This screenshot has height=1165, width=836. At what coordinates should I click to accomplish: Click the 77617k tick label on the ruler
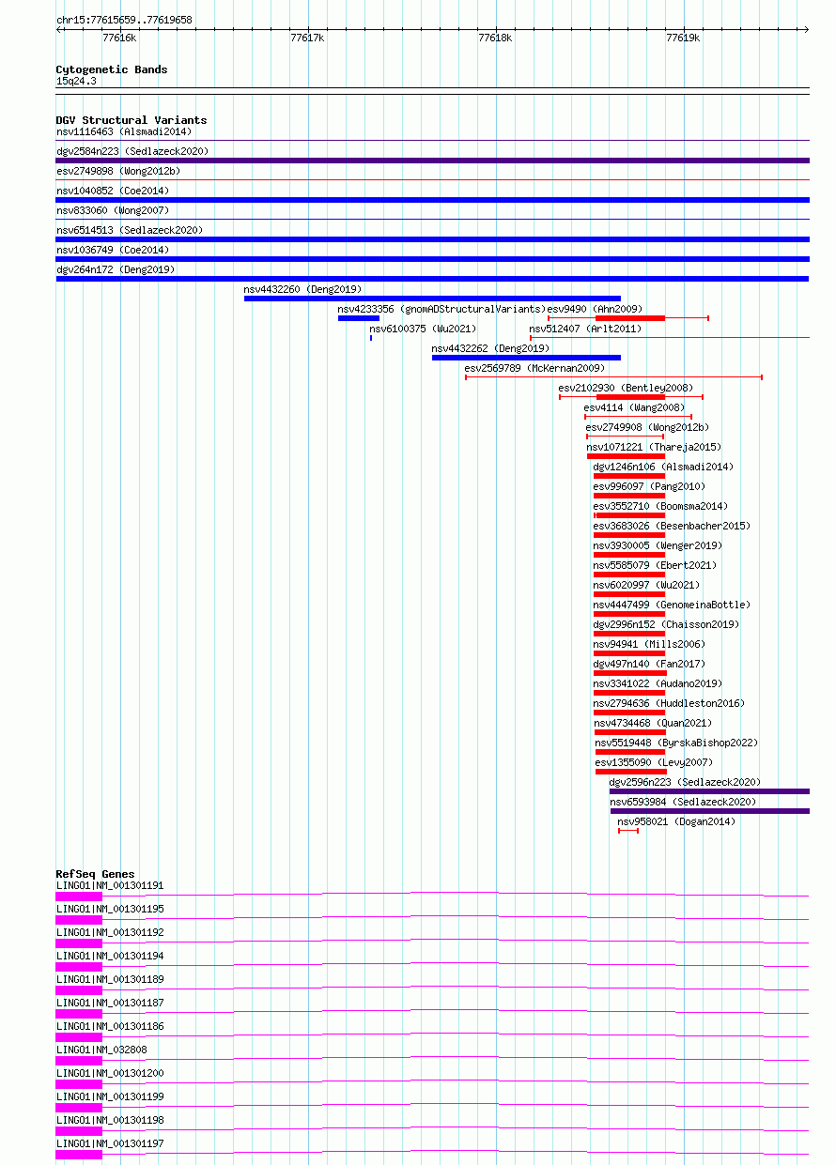tap(307, 38)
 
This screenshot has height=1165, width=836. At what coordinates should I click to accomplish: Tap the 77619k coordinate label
tap(683, 38)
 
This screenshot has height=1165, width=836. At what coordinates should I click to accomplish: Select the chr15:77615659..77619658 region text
tap(124, 20)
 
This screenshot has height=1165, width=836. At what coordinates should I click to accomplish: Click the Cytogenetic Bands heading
tap(112, 69)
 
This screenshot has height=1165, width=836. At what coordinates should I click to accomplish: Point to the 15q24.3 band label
tap(76, 81)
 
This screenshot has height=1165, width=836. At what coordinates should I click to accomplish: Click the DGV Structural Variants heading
tap(132, 120)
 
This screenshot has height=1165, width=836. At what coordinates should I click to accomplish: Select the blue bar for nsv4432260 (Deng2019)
tap(432, 299)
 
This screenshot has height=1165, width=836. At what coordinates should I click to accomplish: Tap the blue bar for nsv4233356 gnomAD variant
tap(359, 318)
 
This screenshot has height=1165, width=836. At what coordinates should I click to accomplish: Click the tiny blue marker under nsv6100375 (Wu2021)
tap(371, 338)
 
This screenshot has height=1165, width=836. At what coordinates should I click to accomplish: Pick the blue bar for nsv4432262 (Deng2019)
tap(526, 358)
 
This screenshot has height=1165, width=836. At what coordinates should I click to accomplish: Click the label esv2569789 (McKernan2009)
tap(534, 368)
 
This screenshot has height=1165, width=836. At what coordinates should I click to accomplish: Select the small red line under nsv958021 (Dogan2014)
tap(628, 831)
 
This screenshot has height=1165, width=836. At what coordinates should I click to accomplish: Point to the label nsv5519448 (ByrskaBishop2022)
tap(676, 743)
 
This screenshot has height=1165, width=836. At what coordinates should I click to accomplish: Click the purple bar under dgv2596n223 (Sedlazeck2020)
tap(709, 791)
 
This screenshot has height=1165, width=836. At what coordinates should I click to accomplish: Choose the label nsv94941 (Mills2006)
tap(649, 644)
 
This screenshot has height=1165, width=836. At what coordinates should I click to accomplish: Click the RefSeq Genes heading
tap(95, 874)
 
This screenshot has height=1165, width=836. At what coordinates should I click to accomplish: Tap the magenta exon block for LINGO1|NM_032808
tap(79, 1061)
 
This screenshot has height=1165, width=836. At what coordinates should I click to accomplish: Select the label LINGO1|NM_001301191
tap(110, 885)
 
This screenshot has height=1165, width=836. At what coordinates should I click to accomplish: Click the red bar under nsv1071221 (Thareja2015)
tap(627, 456)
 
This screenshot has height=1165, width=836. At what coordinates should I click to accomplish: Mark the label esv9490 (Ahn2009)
tap(595, 309)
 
